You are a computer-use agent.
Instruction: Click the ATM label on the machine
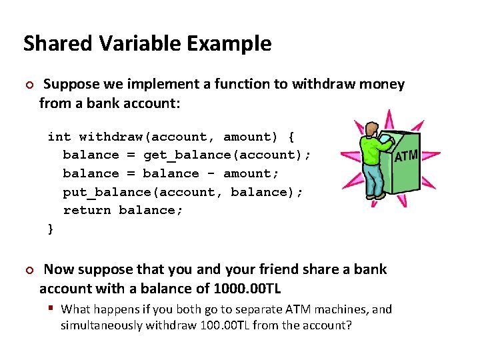(x=406, y=157)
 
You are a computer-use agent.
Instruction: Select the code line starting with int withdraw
(x=171, y=137)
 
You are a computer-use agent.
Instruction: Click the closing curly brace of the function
(x=51, y=229)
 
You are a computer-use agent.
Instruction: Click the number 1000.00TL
(x=246, y=288)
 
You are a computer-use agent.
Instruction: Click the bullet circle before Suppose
(x=28, y=85)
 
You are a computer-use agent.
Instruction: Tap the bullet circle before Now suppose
(x=28, y=270)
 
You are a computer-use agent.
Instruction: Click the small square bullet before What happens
(x=51, y=309)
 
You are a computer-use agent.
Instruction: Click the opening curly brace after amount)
(x=291, y=137)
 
